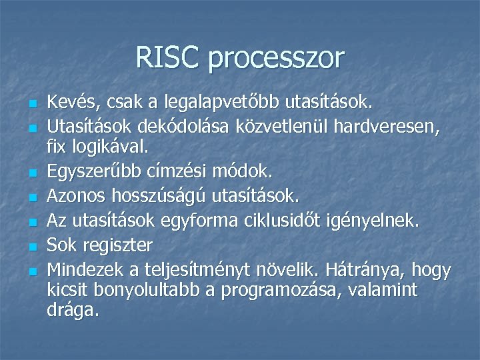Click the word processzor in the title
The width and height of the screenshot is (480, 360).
276,59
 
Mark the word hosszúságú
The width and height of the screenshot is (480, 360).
167,197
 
